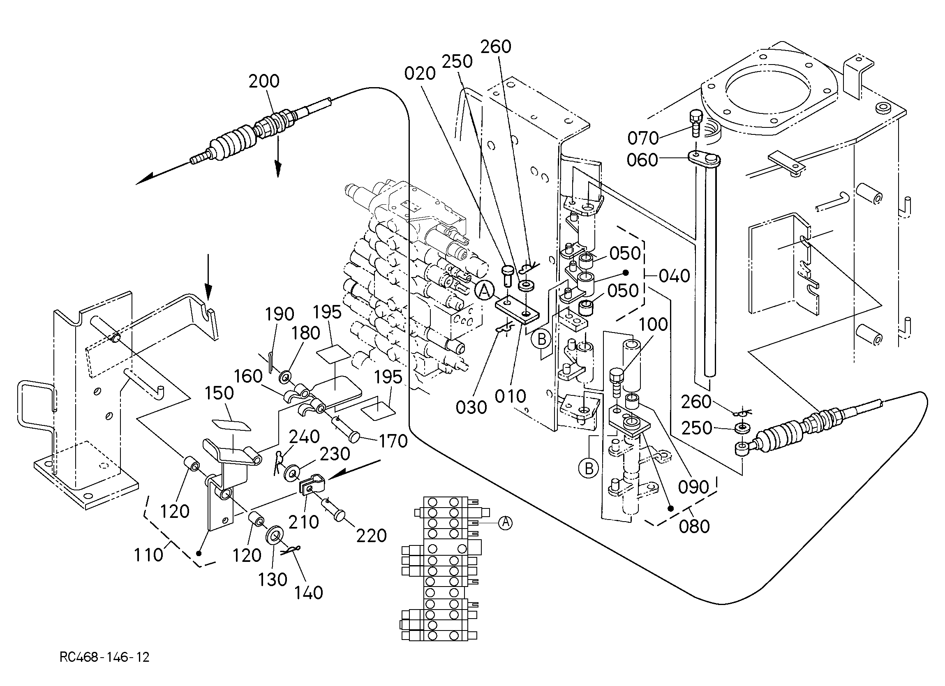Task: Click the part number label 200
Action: tap(264, 81)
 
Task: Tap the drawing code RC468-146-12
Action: tap(104, 657)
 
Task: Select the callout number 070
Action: tap(643, 138)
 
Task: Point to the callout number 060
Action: tap(642, 160)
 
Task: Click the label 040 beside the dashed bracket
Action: tap(674, 276)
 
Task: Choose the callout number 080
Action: tap(694, 527)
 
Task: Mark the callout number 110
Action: tap(149, 555)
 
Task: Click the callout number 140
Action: tap(308, 593)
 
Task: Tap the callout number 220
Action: tap(371, 536)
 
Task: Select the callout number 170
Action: tap(393, 441)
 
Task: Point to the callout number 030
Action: tap(471, 407)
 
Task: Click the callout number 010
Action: tap(511, 396)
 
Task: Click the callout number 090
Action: tap(693, 487)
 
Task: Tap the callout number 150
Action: tap(219, 393)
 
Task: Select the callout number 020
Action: tap(420, 74)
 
